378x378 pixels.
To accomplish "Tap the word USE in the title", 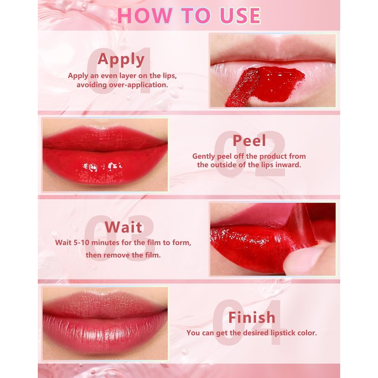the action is [240, 16].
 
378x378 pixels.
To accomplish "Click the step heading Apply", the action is [121, 60].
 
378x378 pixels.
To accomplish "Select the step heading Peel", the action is [249, 140].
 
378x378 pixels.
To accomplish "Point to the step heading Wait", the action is [123, 227].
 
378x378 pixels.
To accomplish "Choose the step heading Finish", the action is [252, 317].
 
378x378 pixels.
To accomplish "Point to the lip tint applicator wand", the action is [241, 87].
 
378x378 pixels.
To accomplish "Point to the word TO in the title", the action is [196, 16].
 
